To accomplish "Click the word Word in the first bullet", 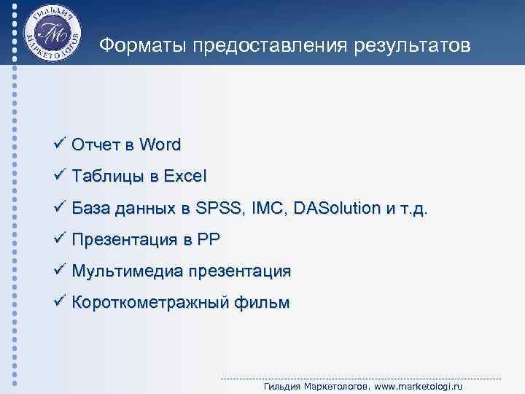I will point(160,144).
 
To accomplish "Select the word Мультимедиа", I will point(127,271).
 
